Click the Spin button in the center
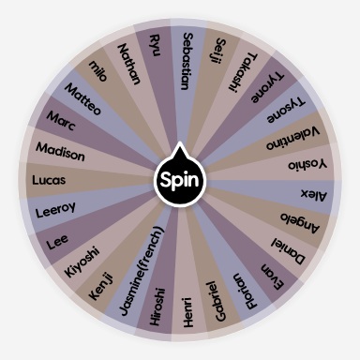179,178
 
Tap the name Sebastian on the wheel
188,62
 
